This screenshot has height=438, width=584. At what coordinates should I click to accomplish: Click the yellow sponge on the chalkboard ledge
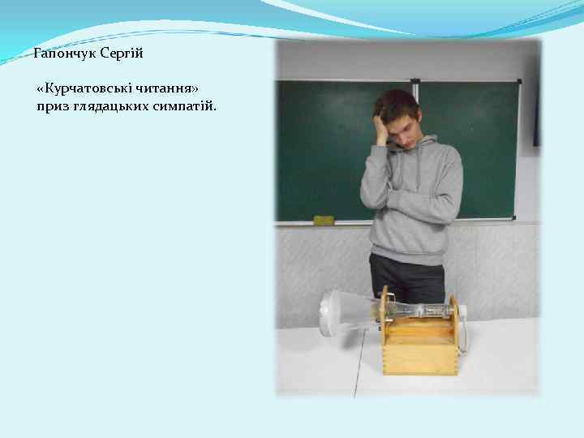click(323, 220)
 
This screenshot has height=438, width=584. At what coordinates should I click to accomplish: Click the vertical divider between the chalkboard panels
click(415, 146)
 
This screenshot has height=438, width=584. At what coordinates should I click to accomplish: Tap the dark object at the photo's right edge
click(536, 114)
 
